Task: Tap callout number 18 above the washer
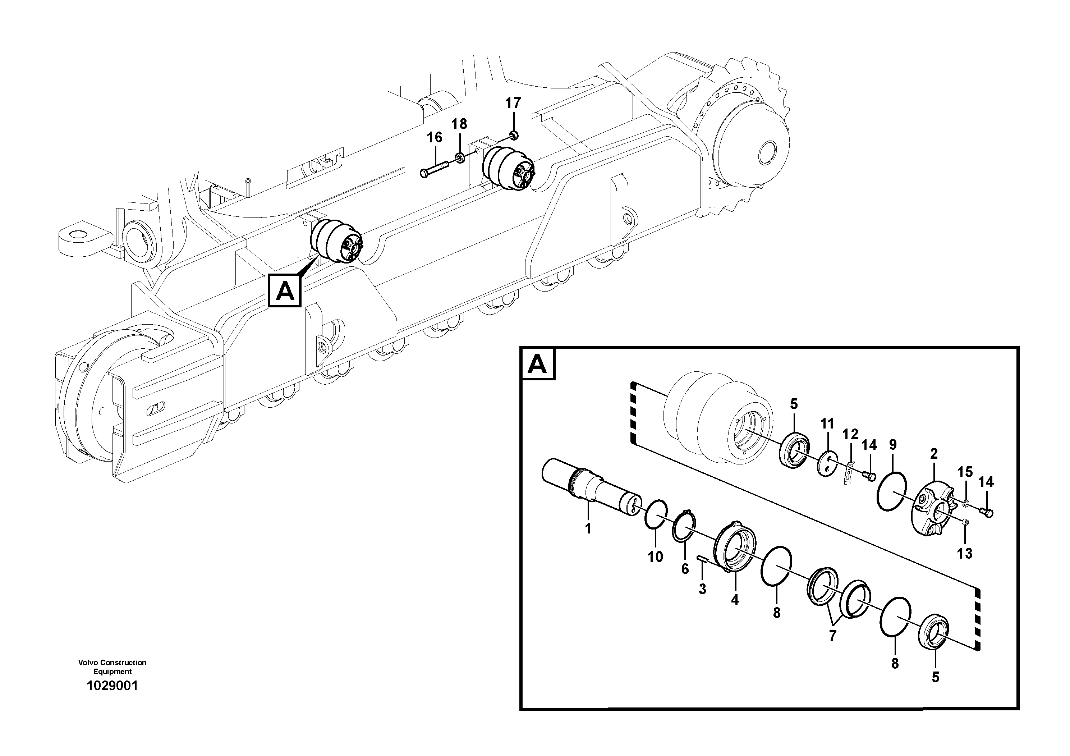(x=459, y=124)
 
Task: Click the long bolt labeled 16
(x=434, y=168)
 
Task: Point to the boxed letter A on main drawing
(x=285, y=291)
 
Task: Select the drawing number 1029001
(x=112, y=686)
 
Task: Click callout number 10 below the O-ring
(x=655, y=556)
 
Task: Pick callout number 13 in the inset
(x=965, y=554)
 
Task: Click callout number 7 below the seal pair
(x=832, y=636)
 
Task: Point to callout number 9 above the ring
(x=892, y=445)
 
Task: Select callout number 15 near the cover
(x=965, y=472)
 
